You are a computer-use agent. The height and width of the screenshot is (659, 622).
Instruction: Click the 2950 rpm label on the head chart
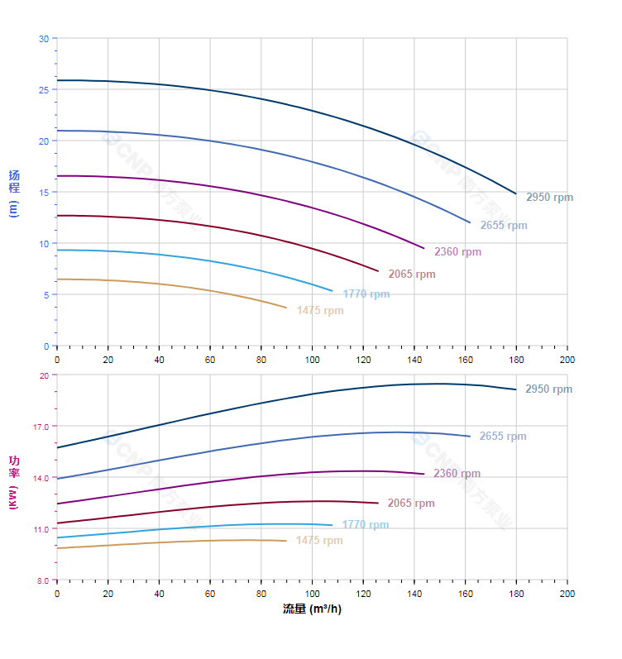tap(549, 198)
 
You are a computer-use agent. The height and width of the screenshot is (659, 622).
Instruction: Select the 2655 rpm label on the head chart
tap(503, 226)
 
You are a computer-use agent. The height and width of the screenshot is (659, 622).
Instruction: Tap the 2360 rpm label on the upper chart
tap(457, 252)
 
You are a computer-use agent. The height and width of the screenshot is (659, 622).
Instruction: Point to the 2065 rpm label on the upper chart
tap(412, 275)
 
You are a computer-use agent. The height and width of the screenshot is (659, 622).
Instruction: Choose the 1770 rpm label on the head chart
tap(366, 294)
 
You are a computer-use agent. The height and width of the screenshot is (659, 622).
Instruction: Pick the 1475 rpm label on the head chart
tap(320, 311)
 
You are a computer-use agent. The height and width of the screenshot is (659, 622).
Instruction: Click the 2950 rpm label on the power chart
tap(548, 389)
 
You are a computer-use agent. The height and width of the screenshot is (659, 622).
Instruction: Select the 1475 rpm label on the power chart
tap(319, 541)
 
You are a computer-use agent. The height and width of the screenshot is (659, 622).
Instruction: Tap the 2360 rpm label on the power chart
tap(457, 474)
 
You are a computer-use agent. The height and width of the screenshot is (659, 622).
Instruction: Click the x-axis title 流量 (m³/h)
tap(312, 609)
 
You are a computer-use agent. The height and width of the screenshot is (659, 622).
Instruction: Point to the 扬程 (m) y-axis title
tap(13, 193)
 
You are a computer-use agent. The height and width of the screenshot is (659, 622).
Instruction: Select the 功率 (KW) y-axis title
tap(13, 482)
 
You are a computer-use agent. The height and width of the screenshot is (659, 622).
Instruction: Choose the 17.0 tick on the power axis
tap(41, 427)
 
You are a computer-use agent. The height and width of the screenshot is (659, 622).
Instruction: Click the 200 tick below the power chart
tap(567, 594)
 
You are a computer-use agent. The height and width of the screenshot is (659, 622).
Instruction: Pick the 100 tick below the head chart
tap(313, 360)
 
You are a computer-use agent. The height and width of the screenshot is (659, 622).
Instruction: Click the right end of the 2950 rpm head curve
tap(516, 194)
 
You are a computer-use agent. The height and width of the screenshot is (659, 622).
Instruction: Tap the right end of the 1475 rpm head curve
tap(286, 308)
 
